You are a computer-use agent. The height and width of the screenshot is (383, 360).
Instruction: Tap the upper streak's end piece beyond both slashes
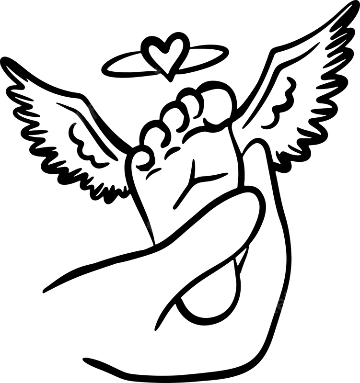pyautogui.click(x=74, y=123)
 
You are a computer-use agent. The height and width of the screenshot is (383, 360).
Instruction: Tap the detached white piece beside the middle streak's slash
pyautogui.click(x=142, y=233)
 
